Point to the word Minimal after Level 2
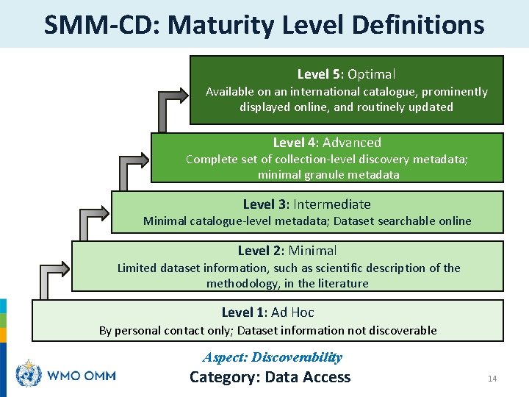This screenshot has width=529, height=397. pos(312,251)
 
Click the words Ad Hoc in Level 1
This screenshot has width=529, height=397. pos(292,312)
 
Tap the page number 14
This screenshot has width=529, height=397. pos(492,379)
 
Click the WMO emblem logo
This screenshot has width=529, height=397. pos(29,375)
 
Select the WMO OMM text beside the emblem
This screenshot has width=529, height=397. pos(81,376)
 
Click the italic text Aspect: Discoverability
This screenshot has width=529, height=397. pos(273,357)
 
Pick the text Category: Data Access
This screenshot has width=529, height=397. pos(270,377)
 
